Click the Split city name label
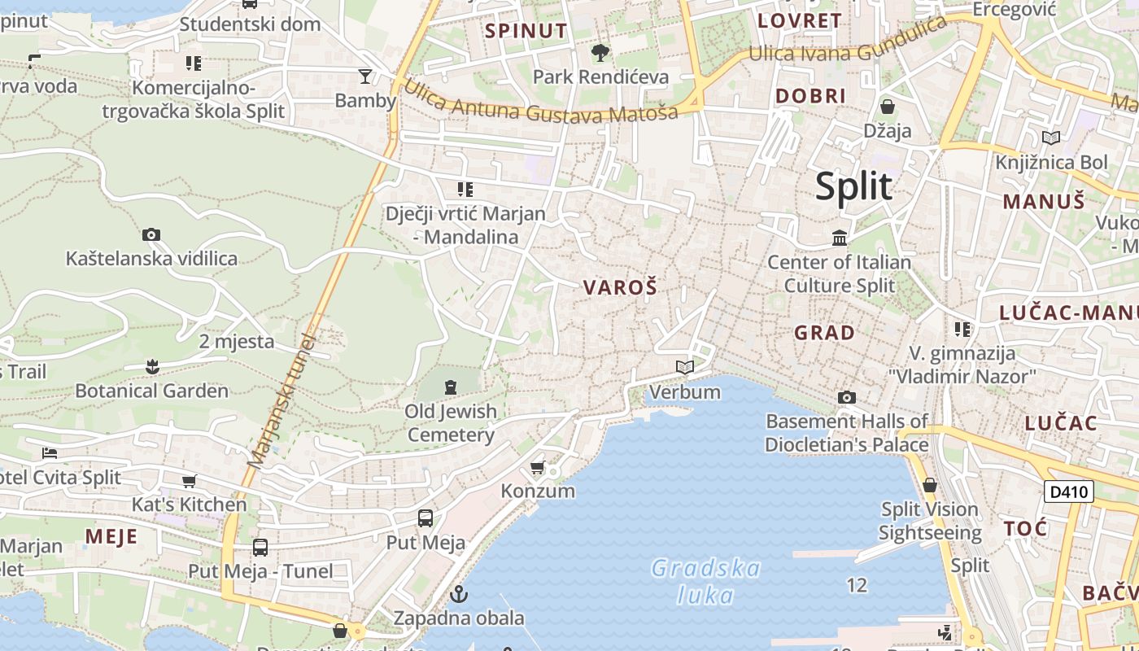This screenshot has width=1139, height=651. (853, 186)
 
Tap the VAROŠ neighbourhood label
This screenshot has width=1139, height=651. (620, 287)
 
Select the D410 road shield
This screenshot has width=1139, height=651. (1069, 492)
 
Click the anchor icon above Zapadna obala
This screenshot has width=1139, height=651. (460, 594)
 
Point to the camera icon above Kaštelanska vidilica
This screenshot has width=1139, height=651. (151, 235)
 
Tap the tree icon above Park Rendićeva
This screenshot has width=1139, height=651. (600, 54)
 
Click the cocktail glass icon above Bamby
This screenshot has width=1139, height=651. (365, 76)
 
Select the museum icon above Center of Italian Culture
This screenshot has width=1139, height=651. (840, 238)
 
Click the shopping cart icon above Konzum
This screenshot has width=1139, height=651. (537, 467)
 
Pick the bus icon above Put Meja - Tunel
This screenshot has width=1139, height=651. (260, 548)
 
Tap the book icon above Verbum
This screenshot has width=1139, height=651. (685, 368)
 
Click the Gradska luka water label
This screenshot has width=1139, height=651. (705, 581)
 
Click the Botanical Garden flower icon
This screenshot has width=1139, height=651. (152, 367)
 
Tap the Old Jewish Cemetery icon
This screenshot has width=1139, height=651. (451, 387)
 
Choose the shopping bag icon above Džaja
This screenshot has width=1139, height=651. (888, 107)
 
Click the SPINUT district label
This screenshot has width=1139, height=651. (526, 32)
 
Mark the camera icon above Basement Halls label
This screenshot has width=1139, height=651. (847, 397)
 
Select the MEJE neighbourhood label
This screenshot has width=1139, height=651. (111, 536)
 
